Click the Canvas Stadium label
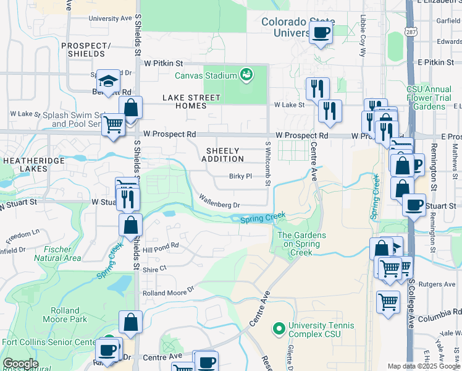206,76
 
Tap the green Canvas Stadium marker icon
247,75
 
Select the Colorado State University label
285,27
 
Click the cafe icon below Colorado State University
321,32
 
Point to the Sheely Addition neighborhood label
222,155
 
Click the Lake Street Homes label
191,101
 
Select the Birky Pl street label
241,176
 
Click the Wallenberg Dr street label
219,201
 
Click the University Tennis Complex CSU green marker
278,327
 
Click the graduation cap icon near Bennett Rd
108,81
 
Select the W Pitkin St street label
164,63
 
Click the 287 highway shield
411,31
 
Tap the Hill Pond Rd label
161,245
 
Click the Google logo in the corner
20,364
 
